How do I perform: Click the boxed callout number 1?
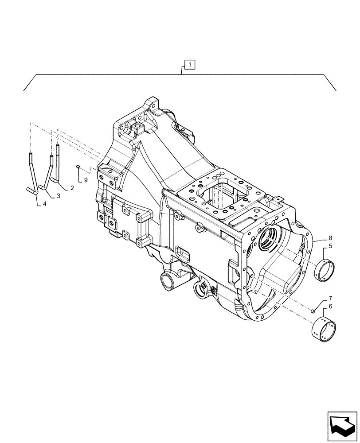tap(189, 66)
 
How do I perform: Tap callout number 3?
tap(58, 195)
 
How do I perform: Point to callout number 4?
tap(44, 204)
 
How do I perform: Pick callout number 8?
tap(330, 238)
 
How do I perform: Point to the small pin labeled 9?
tap(77, 167)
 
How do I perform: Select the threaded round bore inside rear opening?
tap(270, 237)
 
